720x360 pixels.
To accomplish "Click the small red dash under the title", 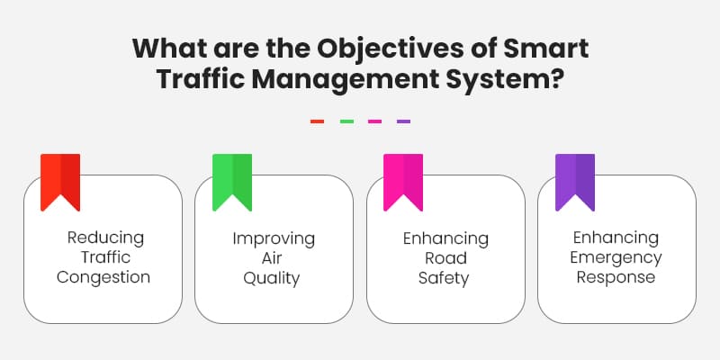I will click(317, 121).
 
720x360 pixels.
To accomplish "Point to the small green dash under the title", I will click(346, 121).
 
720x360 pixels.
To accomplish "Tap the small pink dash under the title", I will click(374, 121).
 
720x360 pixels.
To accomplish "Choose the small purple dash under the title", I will click(403, 121).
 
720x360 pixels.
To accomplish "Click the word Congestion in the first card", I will click(103, 277).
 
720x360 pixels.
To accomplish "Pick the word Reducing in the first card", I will click(105, 238).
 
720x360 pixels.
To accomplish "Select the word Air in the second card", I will click(274, 258).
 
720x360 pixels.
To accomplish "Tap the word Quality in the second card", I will click(274, 278).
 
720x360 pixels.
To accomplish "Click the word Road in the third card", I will click(445, 258).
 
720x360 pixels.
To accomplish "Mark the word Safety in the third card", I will click(445, 278).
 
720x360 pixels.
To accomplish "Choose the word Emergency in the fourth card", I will click(617, 258).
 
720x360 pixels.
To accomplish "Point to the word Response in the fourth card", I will click(617, 278).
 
